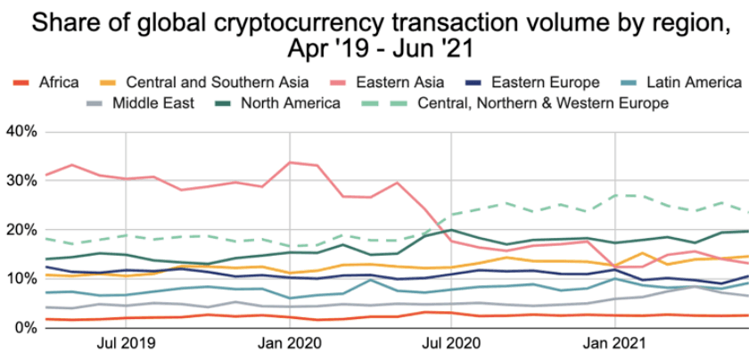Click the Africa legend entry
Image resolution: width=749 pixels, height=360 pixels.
(60, 83)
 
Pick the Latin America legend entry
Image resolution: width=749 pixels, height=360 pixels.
(694, 83)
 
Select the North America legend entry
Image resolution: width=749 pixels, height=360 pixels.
(289, 103)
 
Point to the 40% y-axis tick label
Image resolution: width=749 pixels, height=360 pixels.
(21, 132)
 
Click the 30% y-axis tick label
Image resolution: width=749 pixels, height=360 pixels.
(21, 181)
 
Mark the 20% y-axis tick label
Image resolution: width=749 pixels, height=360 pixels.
(21, 230)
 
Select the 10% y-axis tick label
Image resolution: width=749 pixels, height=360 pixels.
(21, 279)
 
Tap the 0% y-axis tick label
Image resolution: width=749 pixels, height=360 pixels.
(24, 328)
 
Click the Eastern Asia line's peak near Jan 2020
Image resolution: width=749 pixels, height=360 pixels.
(289, 162)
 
